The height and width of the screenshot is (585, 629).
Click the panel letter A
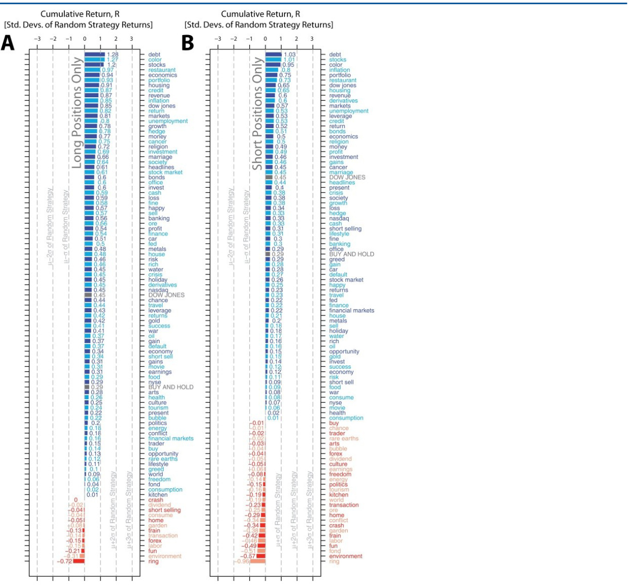tap(8, 43)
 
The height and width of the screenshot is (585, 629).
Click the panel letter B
tap(188, 43)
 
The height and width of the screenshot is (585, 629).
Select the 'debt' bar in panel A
tap(94, 55)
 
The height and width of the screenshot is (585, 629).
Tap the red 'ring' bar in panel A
tap(78, 561)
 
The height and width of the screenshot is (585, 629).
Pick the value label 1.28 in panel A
tap(113, 55)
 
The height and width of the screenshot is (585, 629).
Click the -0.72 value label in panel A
tap(64, 561)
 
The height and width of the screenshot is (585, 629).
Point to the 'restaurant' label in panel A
tap(162, 70)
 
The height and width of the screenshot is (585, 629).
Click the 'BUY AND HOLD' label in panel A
tap(171, 387)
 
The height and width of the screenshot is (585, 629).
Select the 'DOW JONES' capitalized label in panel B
tap(347, 178)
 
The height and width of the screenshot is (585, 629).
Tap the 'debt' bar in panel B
tap(273, 55)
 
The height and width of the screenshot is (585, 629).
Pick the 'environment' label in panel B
tap(345, 556)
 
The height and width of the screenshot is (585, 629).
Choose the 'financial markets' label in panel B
tap(351, 310)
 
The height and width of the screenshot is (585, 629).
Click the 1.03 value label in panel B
tap(290, 55)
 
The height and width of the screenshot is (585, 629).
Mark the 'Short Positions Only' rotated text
tap(257, 113)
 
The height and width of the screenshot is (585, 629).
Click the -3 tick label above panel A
tap(37, 39)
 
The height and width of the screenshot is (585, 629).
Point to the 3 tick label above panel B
tap(312, 39)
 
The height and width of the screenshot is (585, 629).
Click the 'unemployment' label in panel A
tap(168, 121)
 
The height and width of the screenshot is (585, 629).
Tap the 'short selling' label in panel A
tap(164, 510)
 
